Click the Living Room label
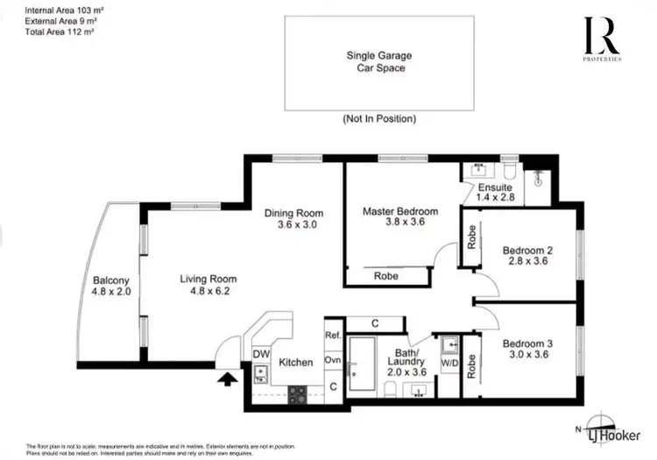(208, 280)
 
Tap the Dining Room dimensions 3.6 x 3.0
(294, 224)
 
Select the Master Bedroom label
(400, 211)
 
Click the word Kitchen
(296, 361)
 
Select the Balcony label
(110, 281)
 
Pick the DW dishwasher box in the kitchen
(260, 353)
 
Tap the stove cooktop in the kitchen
(297, 393)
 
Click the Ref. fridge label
(333, 335)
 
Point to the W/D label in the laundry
(449, 361)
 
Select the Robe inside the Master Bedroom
(385, 275)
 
